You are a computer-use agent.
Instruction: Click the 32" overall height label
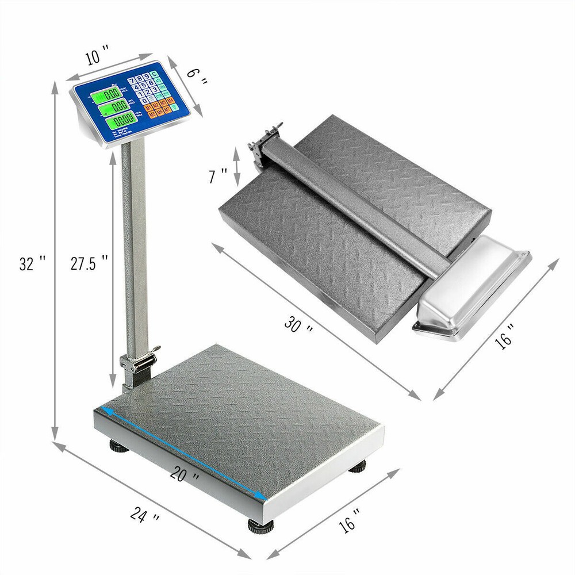pyautogui.click(x=32, y=263)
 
